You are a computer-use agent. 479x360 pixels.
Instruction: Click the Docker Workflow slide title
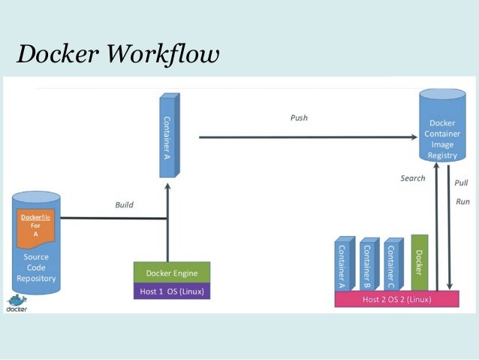pos(118,53)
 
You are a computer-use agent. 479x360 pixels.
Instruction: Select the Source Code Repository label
pos(36,268)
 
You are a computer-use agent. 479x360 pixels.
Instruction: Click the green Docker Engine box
pos(171,273)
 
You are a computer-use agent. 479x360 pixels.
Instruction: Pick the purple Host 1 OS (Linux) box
pos(171,291)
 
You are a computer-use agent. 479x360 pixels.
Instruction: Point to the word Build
pos(124,204)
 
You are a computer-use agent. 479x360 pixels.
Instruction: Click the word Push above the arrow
pos(299,118)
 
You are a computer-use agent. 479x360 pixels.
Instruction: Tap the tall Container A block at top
pos(169,136)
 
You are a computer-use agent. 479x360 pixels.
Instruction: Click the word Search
pos(412,179)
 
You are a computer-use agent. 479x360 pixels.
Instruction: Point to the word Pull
pos(461,183)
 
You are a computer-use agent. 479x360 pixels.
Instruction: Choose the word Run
pos(462,201)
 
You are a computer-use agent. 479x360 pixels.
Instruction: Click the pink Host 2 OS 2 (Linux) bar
pos(396,299)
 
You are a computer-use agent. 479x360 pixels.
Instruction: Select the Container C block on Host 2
pos(391,265)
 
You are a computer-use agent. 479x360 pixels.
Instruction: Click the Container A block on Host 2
pos(342,265)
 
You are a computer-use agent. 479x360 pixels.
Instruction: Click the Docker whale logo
pos(17,302)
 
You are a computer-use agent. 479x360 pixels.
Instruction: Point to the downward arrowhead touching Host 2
pos(450,286)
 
